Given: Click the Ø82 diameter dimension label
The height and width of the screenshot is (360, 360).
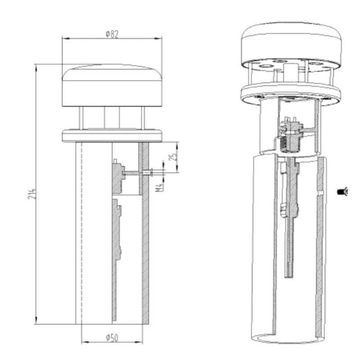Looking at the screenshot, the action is click(112, 34).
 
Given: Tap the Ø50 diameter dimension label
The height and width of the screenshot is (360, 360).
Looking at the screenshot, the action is click(112, 338).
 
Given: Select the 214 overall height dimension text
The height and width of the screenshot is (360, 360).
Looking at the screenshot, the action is click(32, 194).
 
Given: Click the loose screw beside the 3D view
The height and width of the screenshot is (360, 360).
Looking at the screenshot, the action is click(342, 191).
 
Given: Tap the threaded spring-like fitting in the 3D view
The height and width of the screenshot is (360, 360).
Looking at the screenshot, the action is click(285, 144).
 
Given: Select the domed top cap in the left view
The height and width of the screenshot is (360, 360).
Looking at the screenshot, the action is click(112, 85).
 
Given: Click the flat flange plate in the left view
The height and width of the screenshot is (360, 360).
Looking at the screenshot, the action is click(112, 136).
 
